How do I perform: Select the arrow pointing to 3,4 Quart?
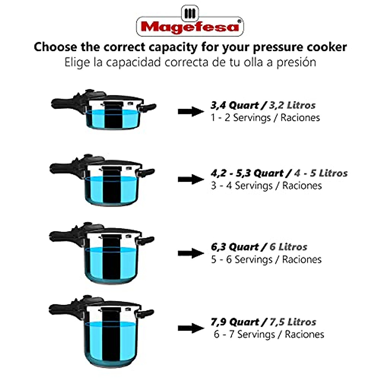tap(191, 111)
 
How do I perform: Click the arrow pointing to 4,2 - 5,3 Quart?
tap(191, 180)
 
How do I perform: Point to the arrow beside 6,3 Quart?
tap(191, 253)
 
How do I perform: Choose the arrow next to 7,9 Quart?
tap(191, 328)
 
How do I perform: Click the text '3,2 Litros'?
tap(292, 105)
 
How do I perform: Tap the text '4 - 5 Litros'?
tap(320, 173)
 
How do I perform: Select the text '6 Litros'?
tap(288, 247)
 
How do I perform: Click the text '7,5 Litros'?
tap(293, 322)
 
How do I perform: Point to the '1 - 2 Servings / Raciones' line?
tap(265, 118)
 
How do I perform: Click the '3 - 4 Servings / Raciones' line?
tap(266, 186)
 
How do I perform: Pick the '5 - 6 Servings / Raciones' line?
tap(266, 260)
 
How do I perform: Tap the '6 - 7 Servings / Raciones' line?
tap(269, 334)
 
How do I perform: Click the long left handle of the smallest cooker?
tap(63, 104)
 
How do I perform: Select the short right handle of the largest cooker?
tap(148, 314)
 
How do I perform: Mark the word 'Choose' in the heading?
tap(55, 47)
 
